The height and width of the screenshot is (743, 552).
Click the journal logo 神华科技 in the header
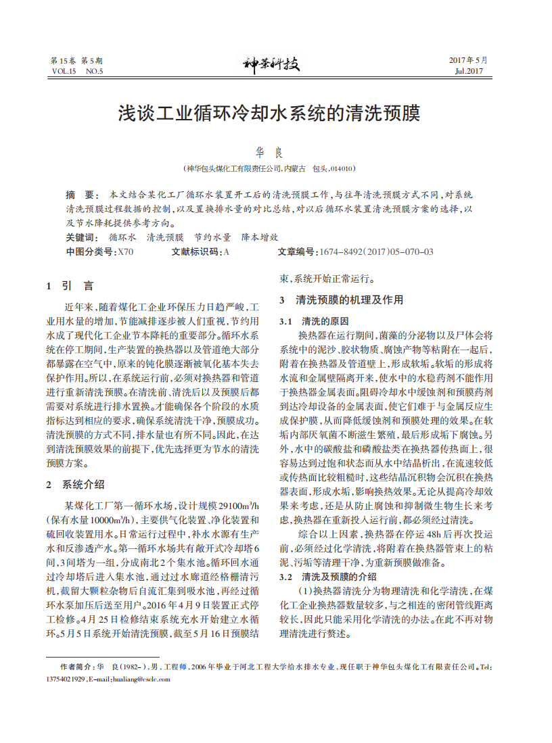[x=271, y=65]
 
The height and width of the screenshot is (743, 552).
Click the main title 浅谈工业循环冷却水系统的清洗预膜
[x=270, y=113]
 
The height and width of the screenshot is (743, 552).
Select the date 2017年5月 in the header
[x=467, y=60]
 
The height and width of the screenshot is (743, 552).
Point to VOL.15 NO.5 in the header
[x=77, y=71]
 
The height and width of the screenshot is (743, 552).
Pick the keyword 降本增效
[x=260, y=237]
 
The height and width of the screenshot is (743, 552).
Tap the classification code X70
[x=126, y=251]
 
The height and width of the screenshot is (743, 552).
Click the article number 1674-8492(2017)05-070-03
[x=377, y=251]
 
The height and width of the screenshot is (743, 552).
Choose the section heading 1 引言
[x=70, y=285]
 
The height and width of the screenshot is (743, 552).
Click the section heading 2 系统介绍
[x=75, y=484]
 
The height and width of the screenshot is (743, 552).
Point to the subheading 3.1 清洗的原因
[x=315, y=320]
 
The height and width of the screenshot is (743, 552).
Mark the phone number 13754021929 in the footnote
[x=66, y=678]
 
